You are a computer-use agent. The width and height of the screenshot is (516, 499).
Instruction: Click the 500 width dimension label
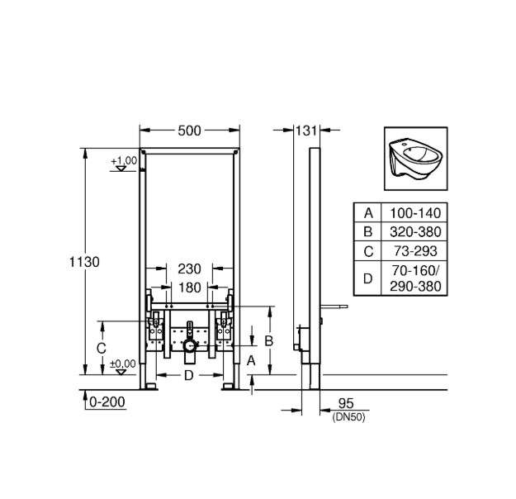click(x=189, y=131)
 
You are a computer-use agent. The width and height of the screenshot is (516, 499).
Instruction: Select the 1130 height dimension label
click(x=84, y=262)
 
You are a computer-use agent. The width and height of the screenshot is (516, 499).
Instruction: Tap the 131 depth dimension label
click(x=306, y=131)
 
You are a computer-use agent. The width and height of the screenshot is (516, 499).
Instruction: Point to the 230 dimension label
click(x=189, y=269)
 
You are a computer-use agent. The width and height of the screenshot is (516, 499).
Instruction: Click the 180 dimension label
click(x=189, y=288)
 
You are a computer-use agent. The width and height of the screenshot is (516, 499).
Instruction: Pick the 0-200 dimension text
click(x=107, y=402)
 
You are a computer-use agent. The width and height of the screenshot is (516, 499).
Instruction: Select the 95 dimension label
click(x=346, y=403)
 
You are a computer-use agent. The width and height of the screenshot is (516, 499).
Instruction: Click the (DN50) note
click(x=349, y=418)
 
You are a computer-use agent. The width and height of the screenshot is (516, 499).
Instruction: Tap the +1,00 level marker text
click(x=124, y=161)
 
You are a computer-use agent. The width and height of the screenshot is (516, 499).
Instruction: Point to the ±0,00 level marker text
click(x=123, y=364)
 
